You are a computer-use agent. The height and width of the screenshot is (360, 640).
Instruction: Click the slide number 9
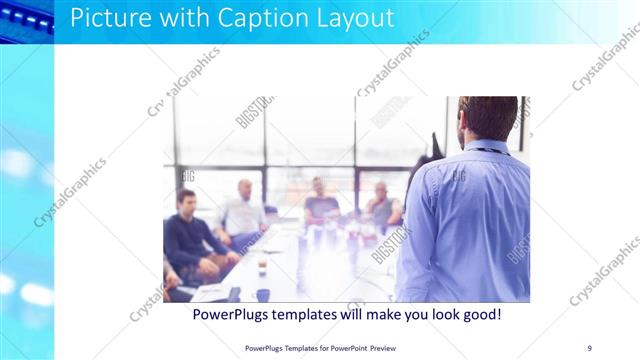coord(589,347)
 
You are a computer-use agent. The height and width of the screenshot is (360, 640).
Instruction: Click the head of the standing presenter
coord(487,118)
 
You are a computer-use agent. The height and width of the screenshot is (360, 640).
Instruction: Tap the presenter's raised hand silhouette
coord(436,148)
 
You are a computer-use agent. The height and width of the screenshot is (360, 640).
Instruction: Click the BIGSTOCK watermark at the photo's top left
coord(254,111)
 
